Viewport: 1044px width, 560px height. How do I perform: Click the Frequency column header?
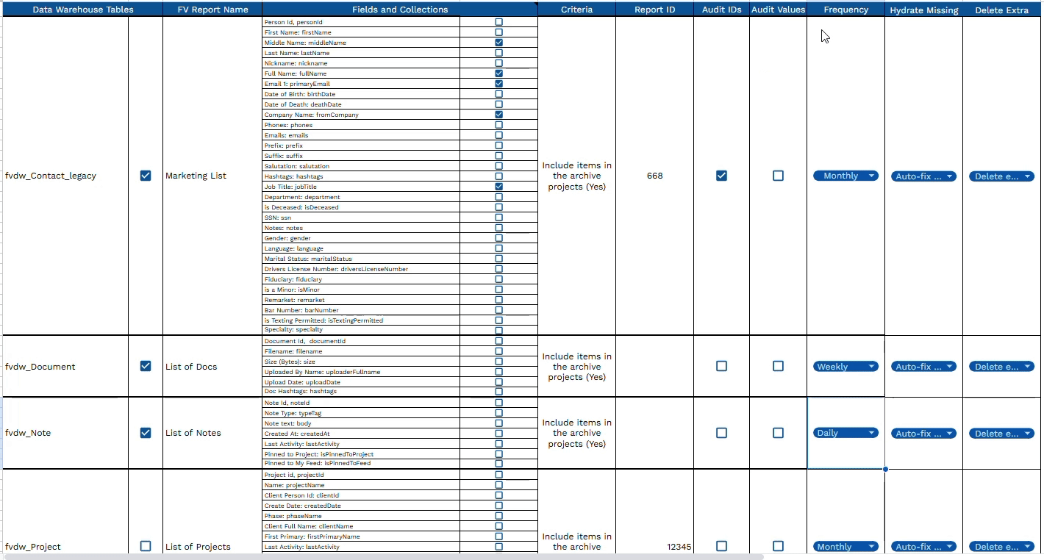tap(845, 10)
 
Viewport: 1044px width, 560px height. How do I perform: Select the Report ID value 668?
tap(654, 176)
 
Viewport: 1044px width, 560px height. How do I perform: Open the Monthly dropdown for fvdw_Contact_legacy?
tap(845, 176)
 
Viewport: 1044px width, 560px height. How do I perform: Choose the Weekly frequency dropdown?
tap(845, 367)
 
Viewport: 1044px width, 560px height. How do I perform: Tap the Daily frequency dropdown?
tap(845, 433)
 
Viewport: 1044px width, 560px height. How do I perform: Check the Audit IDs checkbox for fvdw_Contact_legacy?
tap(721, 176)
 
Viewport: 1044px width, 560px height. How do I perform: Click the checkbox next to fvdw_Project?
tap(146, 546)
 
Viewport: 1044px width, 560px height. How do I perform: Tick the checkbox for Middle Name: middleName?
tap(499, 43)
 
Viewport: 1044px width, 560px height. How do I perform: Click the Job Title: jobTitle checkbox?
tap(499, 187)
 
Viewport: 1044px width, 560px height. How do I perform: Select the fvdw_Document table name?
tap(40, 367)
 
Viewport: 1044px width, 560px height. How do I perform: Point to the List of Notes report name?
tap(193, 433)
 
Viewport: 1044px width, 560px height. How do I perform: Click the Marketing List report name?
tap(196, 176)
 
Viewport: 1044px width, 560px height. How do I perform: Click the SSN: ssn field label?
tap(278, 218)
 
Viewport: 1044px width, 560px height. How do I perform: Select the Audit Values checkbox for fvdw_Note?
tap(778, 433)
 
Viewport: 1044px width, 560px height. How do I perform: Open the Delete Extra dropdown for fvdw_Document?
tap(1001, 367)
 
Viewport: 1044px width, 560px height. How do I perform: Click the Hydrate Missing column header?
tap(923, 10)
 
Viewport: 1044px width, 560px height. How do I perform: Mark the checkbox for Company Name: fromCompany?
tap(499, 115)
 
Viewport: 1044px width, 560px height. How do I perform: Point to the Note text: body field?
tap(288, 423)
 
